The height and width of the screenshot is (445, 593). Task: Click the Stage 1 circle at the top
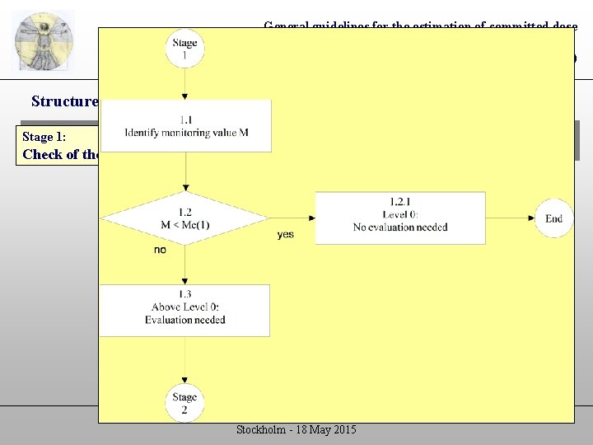pyautogui.click(x=185, y=49)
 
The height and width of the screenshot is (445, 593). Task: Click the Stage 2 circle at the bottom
pyautogui.click(x=185, y=402)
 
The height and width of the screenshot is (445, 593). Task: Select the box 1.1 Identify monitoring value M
pyautogui.click(x=186, y=126)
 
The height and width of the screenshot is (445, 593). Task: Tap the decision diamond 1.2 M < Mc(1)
pyautogui.click(x=186, y=218)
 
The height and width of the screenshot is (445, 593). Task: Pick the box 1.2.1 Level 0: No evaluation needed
pyautogui.click(x=400, y=218)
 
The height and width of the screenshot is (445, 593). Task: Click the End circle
pyautogui.click(x=553, y=218)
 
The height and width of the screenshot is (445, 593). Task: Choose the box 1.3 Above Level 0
pyautogui.click(x=185, y=310)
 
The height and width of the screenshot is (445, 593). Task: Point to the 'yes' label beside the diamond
pyautogui.click(x=285, y=235)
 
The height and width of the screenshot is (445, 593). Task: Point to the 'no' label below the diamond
pyautogui.click(x=160, y=250)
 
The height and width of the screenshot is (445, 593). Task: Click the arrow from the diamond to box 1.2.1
pyautogui.click(x=292, y=218)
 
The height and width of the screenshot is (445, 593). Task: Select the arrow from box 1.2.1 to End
pyautogui.click(x=511, y=218)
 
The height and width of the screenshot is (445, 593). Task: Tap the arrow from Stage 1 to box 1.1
pyautogui.click(x=185, y=84)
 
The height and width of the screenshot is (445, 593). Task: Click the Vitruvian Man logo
pyautogui.click(x=44, y=42)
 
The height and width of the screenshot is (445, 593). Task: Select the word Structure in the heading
pyautogui.click(x=64, y=101)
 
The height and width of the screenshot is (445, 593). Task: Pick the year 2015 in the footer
pyautogui.click(x=343, y=430)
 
